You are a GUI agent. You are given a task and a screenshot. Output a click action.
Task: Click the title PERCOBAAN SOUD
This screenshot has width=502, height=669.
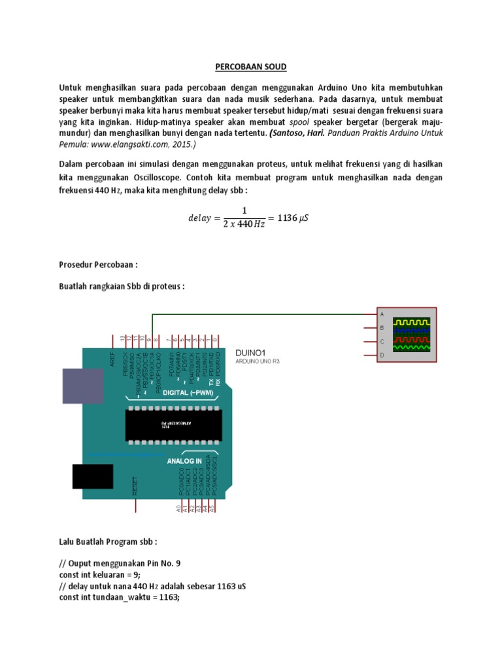[251, 67]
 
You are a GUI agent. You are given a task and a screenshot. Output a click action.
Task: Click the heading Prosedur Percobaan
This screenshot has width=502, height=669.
[98, 265]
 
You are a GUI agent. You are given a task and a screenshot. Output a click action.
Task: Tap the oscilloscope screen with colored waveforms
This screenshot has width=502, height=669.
[411, 334]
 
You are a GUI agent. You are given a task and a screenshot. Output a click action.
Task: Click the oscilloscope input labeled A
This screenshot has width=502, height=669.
[381, 314]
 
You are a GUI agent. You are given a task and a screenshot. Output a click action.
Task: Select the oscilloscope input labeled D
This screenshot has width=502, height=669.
[381, 355]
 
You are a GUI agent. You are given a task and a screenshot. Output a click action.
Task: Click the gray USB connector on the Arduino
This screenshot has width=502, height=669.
[83, 385]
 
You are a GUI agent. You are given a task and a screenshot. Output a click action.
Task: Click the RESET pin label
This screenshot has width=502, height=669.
[135, 485]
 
